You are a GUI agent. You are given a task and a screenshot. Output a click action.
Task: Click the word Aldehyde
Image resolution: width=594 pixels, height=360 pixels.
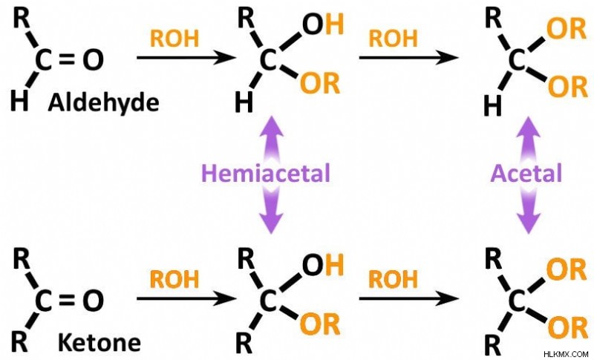pyautogui.click(x=103, y=102)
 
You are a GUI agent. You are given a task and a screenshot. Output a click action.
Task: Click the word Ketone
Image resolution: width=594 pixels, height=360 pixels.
pyautogui.click(x=99, y=343)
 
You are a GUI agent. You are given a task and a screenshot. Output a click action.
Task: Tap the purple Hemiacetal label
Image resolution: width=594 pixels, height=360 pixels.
pyautogui.click(x=266, y=173)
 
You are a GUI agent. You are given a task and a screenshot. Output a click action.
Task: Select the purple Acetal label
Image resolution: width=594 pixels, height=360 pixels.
pyautogui.click(x=526, y=174)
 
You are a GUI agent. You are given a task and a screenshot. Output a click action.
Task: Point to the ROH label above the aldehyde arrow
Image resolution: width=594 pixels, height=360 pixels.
pyautogui.click(x=174, y=39)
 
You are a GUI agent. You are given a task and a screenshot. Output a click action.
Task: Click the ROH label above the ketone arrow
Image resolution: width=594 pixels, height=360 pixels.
pyautogui.click(x=174, y=279)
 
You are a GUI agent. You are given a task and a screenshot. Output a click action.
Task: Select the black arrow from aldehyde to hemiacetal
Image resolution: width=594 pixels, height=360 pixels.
pyautogui.click(x=186, y=58)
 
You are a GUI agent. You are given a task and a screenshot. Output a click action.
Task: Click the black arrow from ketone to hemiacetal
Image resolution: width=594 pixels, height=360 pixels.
pyautogui.click(x=186, y=298)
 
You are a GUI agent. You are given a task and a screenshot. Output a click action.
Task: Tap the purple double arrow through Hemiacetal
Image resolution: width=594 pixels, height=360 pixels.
pyautogui.click(x=271, y=174)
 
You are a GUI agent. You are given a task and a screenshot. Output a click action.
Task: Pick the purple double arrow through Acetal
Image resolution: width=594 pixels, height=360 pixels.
pyautogui.click(x=528, y=175)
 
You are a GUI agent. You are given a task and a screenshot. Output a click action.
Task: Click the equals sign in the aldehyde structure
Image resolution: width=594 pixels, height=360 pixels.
pyautogui.click(x=67, y=59)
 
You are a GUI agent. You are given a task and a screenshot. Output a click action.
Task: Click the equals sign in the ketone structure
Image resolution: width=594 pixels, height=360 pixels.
pyautogui.click(x=67, y=300)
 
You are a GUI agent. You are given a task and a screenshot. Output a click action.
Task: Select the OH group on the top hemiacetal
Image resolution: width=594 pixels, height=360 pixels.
pyautogui.click(x=323, y=24)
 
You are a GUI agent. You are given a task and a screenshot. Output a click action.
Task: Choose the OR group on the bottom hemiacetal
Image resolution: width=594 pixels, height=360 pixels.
pyautogui.click(x=320, y=324)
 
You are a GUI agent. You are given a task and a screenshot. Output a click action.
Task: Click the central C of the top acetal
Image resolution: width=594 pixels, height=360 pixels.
pyautogui.click(x=515, y=60)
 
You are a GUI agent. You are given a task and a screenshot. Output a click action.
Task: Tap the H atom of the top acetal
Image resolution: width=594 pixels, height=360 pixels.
pyautogui.click(x=493, y=106)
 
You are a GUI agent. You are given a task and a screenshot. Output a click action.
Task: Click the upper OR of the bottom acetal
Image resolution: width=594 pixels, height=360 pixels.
pyautogui.click(x=567, y=269)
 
